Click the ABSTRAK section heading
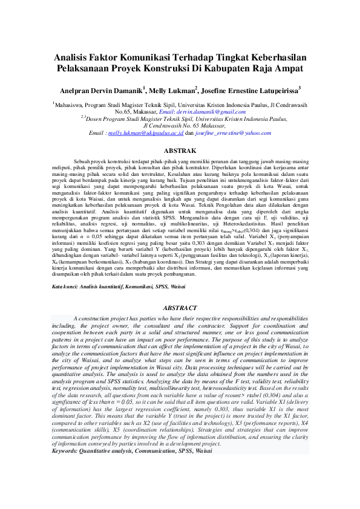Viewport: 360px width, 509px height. [x=180, y=150]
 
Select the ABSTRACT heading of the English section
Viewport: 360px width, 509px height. [x=180, y=308]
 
